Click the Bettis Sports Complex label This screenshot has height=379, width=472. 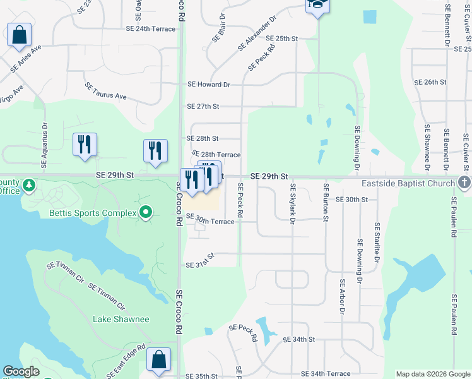click(x=93, y=213)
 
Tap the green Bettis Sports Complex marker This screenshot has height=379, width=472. click(x=146, y=212)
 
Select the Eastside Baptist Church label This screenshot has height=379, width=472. click(x=408, y=183)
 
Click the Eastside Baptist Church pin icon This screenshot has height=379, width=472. click(x=464, y=183)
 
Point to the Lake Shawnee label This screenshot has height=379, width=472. click(x=121, y=319)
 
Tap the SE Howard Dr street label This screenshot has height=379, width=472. click(x=209, y=84)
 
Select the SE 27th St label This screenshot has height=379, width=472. click(x=203, y=107)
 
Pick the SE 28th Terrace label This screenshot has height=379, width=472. click(x=216, y=154)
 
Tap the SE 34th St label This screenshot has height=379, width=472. click(x=298, y=339)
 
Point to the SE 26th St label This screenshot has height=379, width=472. click(x=430, y=82)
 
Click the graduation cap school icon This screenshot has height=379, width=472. click(x=316, y=5)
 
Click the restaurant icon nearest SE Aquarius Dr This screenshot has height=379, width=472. click(x=85, y=145)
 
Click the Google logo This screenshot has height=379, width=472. click(x=21, y=372)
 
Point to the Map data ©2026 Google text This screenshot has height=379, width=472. click(x=433, y=374)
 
